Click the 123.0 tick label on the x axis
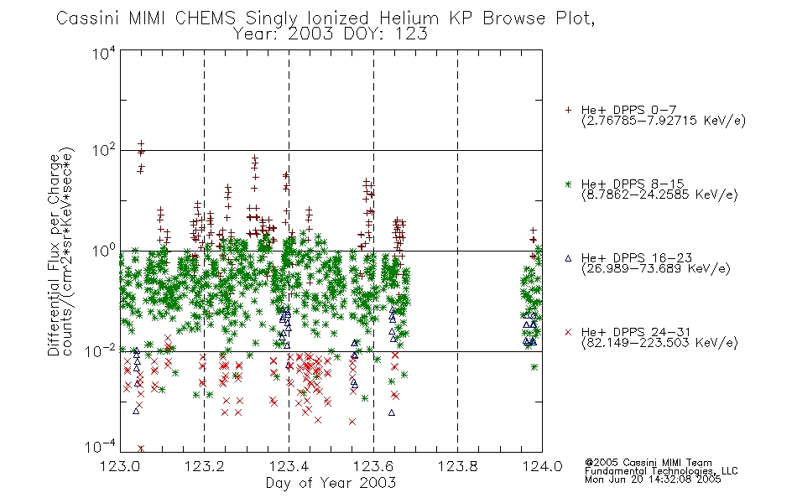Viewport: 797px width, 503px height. pos(120,466)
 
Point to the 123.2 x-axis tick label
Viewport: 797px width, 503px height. pos(205,466)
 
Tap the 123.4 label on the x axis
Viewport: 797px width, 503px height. pos(289,466)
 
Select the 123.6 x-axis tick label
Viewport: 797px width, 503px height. pos(373,466)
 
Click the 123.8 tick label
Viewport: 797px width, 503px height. pos(457,466)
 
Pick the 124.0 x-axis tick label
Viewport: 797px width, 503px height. pos(542,466)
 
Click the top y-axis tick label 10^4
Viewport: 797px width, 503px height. pos(104,53)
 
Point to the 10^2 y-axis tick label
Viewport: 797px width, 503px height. pos(104,150)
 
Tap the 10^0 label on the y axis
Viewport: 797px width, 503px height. pos(104,251)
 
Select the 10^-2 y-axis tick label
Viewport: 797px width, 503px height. pos(101,350)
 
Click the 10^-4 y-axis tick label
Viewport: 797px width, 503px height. pos(101,446)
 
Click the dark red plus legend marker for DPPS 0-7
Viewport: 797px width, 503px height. pos(568,110)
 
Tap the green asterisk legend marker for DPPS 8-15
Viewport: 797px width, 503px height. pos(568,184)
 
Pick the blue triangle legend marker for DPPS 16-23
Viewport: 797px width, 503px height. pos(568,258)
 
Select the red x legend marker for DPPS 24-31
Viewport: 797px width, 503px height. pos(568,332)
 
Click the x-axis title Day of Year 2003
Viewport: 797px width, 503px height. pos(331,483)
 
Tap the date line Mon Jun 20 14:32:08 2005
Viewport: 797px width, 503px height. pos(653,480)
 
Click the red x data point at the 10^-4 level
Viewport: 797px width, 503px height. pos(141,449)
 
